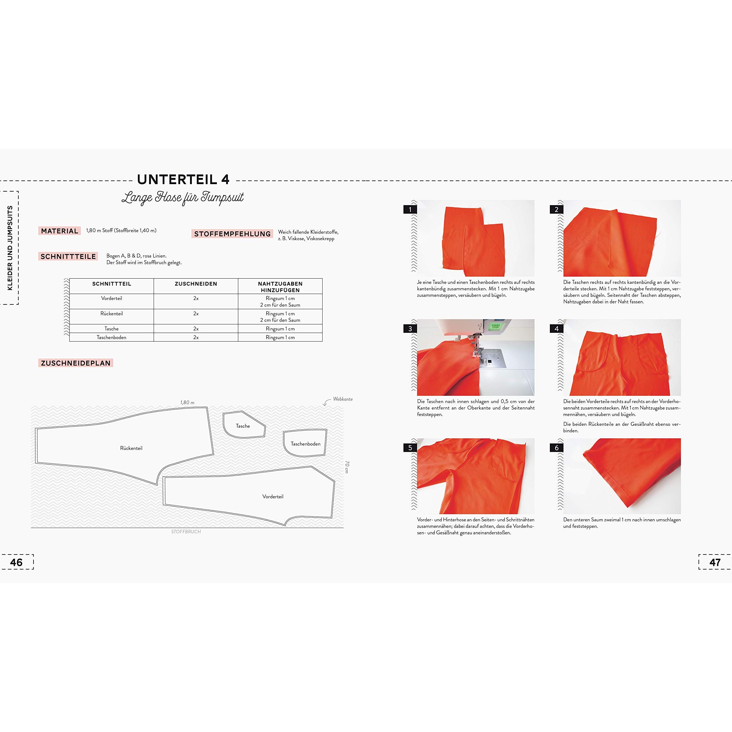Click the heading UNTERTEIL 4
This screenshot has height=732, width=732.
point(183,180)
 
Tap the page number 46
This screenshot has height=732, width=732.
point(16,562)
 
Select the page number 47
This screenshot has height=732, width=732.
point(715,562)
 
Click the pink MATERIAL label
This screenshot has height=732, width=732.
point(59,231)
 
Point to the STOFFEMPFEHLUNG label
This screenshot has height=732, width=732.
point(232,234)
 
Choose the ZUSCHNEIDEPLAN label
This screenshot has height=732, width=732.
point(76,363)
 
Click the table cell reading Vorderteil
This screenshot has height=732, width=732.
point(112,299)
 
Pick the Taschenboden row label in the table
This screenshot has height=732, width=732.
point(112,337)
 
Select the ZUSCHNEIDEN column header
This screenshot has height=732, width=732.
point(196,284)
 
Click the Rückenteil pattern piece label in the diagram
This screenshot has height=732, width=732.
point(131,448)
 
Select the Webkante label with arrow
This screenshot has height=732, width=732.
point(338,401)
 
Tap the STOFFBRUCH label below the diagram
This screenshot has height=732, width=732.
point(186,532)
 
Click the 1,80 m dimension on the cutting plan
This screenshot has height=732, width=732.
point(187,402)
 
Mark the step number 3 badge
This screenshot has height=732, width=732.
point(410,329)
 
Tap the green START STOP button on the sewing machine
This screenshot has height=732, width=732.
point(496,326)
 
